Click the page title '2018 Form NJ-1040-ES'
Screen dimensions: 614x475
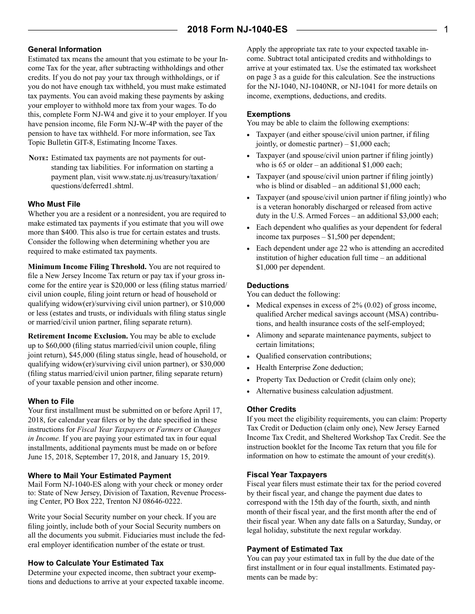[237, 29]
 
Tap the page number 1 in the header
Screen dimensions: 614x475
[446, 29]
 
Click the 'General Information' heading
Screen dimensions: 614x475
[64, 49]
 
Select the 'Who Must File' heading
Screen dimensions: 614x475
[54, 204]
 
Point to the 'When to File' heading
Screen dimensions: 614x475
[51, 401]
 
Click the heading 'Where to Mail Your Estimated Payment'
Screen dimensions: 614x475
[99, 476]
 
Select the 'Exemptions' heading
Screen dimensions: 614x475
[268, 114]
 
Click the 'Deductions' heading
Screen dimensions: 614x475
[267, 286]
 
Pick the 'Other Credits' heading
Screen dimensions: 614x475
[271, 409]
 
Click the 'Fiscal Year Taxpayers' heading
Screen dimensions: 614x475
[287, 475]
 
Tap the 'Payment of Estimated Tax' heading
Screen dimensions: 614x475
[294, 549]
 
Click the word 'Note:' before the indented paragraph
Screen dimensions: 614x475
[38, 158]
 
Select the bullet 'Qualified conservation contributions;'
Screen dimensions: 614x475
[313, 356]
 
